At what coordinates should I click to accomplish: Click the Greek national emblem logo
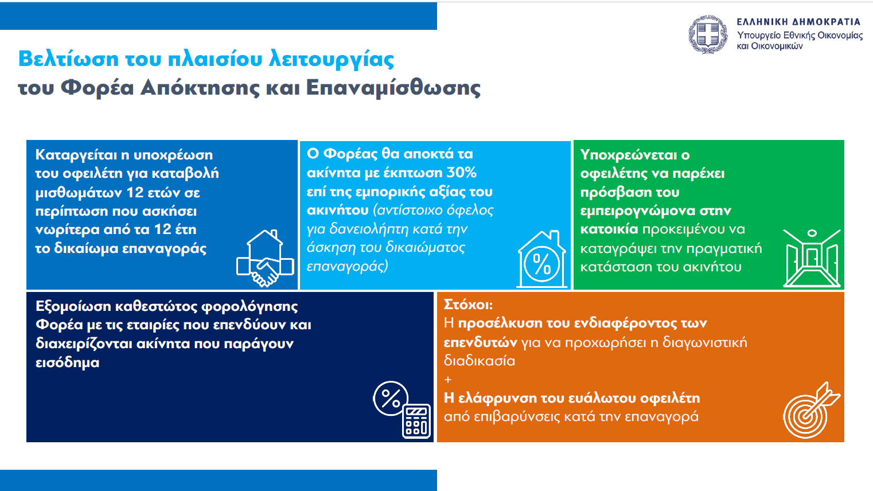(708, 34)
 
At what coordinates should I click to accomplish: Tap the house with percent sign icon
(541, 259)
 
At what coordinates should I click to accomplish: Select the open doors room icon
(812, 258)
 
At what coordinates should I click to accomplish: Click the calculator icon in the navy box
(402, 410)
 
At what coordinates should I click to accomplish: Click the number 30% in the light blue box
(461, 173)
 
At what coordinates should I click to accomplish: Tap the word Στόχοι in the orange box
(468, 305)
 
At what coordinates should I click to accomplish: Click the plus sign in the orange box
(448, 380)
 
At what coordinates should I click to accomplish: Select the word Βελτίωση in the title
(69, 59)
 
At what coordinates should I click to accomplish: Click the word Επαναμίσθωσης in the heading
(393, 88)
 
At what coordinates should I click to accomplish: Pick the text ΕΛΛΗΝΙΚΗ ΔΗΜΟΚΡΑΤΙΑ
(798, 22)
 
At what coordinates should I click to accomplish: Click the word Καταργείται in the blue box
(76, 155)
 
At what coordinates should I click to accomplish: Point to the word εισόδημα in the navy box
(68, 363)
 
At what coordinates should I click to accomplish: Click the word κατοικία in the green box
(609, 229)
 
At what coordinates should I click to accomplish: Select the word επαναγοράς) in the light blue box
(347, 267)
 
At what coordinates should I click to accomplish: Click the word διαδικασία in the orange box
(480, 361)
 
